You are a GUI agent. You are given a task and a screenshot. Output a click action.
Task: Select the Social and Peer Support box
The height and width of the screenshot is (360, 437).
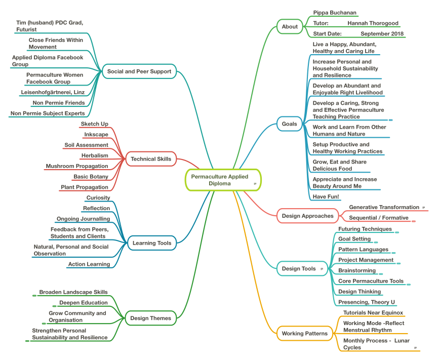click(x=139, y=71)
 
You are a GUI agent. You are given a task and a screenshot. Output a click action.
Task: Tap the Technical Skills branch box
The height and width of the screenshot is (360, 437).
click(x=150, y=159)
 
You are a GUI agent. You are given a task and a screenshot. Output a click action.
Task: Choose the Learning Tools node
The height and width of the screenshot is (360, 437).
click(x=151, y=243)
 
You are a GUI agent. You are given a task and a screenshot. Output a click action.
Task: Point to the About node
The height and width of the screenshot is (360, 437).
click(x=290, y=26)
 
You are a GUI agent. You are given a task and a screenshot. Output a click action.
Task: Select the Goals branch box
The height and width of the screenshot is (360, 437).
click(x=289, y=124)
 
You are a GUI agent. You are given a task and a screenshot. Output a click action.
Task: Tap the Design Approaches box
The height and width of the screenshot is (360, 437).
click(x=307, y=216)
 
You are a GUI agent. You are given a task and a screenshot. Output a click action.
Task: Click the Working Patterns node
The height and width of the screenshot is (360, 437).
click(x=304, y=333)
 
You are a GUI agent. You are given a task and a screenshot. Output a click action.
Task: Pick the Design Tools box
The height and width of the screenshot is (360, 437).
click(x=299, y=268)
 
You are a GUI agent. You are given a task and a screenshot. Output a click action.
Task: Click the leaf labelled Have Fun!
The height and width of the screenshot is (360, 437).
click(x=326, y=196)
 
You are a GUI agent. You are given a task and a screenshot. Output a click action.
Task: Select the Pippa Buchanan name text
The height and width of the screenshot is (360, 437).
click(x=335, y=13)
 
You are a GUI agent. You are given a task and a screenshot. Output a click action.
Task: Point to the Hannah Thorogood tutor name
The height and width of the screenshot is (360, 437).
click(x=373, y=23)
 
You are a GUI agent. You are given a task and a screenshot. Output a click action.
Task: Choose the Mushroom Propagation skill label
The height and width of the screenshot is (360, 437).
click(x=77, y=166)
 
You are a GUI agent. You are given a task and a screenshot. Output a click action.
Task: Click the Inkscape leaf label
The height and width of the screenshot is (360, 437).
click(x=96, y=134)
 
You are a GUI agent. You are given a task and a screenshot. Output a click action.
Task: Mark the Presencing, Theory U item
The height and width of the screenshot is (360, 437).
click(x=367, y=302)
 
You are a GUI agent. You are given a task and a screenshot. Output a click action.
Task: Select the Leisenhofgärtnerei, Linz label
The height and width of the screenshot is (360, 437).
click(x=53, y=92)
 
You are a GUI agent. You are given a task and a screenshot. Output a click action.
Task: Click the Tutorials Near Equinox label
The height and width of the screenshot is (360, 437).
click(x=373, y=312)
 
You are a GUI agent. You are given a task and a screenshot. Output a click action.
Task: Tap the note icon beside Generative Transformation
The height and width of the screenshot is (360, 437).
click(x=423, y=208)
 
